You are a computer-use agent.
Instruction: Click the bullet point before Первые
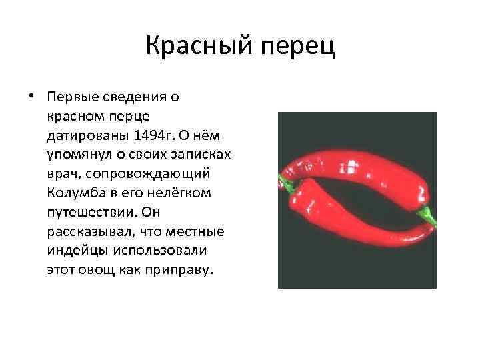(x=31, y=96)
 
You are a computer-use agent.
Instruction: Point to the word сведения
(x=134, y=97)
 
